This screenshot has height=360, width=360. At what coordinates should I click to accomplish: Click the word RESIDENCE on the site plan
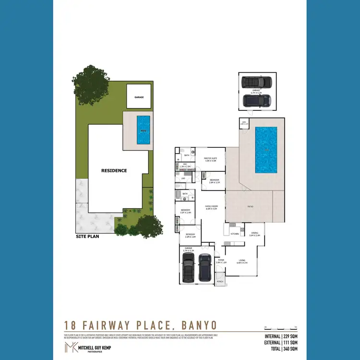pyautogui.click(x=114, y=170)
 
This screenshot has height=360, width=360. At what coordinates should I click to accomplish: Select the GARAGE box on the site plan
pyautogui.click(x=139, y=97)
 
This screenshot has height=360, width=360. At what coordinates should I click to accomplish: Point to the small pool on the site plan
pyautogui.click(x=143, y=130)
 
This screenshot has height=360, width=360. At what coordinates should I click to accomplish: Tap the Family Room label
pyautogui.click(x=212, y=208)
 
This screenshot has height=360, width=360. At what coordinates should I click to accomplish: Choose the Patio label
pyautogui.click(x=251, y=206)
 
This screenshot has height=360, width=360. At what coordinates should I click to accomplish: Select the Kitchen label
pyautogui.click(x=234, y=234)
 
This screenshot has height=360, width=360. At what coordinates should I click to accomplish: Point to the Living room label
pyautogui.click(x=241, y=262)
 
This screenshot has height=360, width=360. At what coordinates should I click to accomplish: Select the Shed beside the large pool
pyautogui.click(x=244, y=123)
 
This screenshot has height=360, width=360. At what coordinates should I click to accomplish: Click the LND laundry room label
pyautogui.click(x=183, y=178)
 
